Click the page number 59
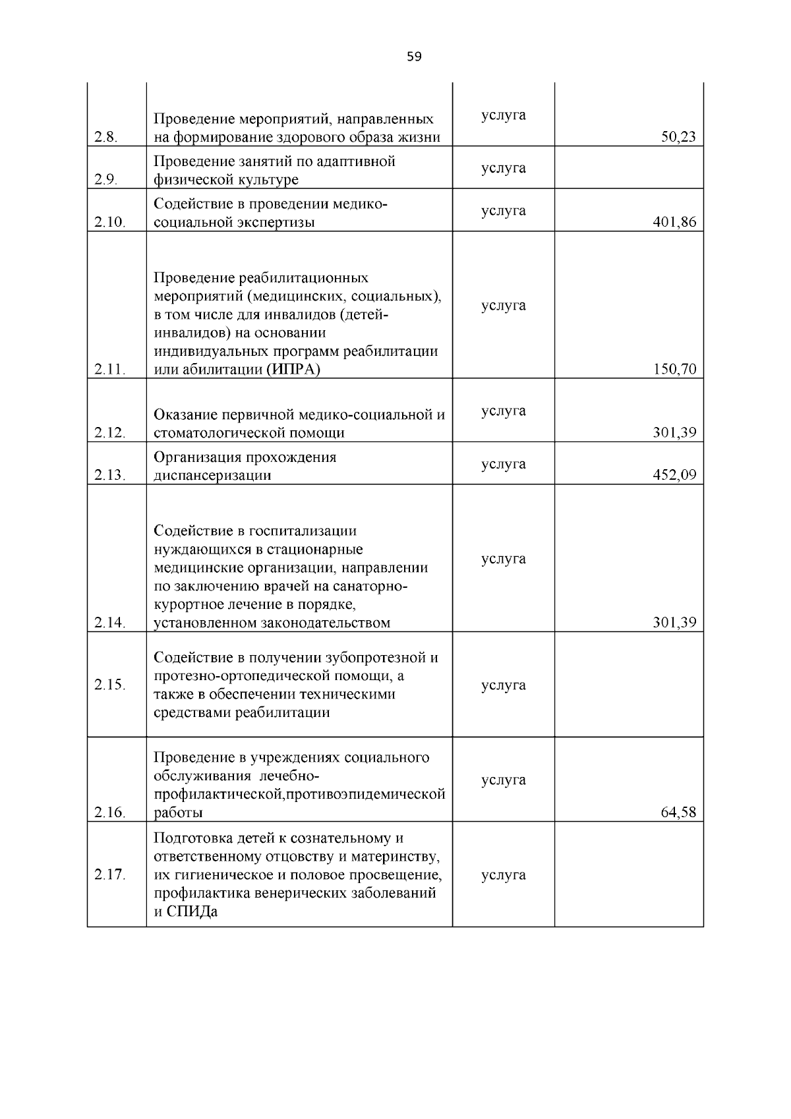[414, 57]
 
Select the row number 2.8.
[105, 138]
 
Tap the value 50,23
[678, 138]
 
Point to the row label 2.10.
[109, 222]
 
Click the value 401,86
[674, 222]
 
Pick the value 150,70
[674, 369]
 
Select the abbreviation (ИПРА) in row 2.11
[293, 369]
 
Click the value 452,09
[674, 475]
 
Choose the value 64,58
[678, 812]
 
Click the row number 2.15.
[109, 685]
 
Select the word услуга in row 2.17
[504, 875]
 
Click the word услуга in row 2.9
[504, 168]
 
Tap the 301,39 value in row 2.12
[674, 433]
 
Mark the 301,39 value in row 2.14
[674, 623]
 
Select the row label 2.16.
[109, 812]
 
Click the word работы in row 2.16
[178, 813]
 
